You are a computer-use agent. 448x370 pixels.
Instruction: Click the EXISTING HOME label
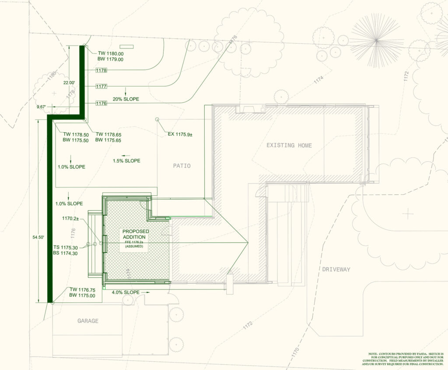(289, 145)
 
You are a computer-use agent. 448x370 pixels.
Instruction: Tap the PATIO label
(182, 166)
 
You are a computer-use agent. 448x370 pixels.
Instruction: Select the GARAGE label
(88, 321)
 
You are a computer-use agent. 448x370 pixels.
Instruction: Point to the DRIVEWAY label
(336, 270)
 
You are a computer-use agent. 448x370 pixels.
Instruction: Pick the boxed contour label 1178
(101, 70)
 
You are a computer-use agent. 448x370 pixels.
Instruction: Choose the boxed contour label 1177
(101, 86)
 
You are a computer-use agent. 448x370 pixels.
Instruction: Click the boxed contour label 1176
(101, 103)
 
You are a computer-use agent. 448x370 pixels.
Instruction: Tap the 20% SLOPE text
(126, 99)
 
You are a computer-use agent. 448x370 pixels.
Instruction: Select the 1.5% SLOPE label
(126, 161)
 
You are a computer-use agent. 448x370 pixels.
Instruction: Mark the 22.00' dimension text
(69, 82)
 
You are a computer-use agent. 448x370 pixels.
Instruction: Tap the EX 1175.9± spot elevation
(180, 134)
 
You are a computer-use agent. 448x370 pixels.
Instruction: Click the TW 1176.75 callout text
(82, 290)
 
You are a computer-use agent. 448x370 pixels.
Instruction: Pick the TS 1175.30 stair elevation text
(66, 247)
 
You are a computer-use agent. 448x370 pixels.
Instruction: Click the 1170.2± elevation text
(70, 218)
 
